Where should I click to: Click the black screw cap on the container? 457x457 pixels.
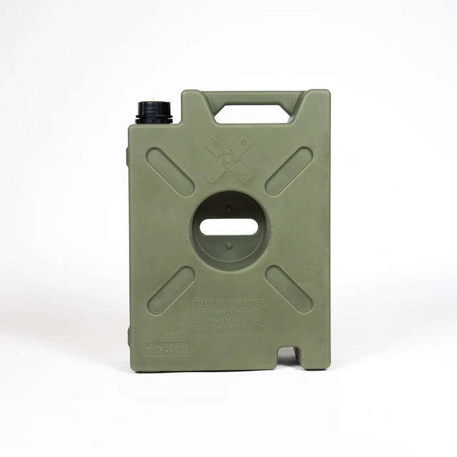(155, 112)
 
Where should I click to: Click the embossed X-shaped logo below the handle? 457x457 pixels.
(227, 159)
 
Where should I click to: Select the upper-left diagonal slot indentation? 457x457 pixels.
(170, 171)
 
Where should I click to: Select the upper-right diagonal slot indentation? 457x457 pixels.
(289, 171)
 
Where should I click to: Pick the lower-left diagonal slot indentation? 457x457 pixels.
(170, 290)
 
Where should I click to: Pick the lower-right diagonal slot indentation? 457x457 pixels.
(289, 289)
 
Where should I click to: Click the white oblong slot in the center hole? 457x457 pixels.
(229, 227)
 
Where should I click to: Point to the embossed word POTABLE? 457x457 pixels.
(210, 303)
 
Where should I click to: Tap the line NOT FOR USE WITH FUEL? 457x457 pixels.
(229, 312)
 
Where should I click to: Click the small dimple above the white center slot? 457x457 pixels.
(229, 209)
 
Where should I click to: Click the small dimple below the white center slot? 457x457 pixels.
(229, 245)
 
